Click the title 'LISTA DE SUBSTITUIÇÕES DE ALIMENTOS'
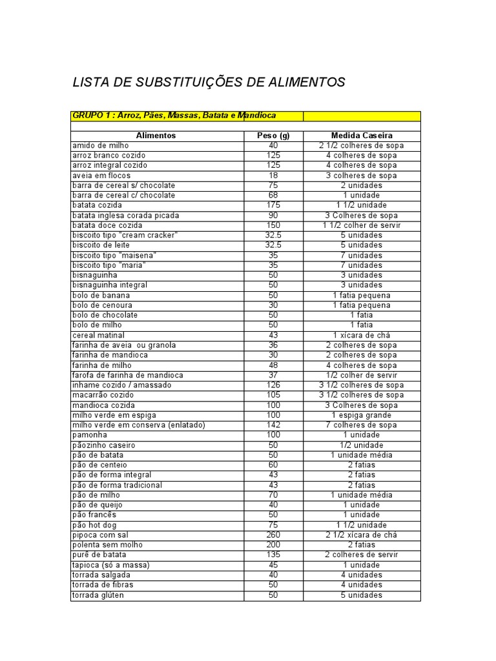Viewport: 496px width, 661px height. [x=209, y=83]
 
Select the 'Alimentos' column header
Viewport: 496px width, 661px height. [x=156, y=136]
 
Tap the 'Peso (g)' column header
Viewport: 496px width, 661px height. [x=273, y=136]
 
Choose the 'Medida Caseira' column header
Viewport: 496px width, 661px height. [x=362, y=136]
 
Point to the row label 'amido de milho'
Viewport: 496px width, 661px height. [x=100, y=146]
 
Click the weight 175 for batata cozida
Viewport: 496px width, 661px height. [x=273, y=205]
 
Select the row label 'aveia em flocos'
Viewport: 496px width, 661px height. [x=101, y=176]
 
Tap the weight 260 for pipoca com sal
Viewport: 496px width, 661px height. [x=273, y=535]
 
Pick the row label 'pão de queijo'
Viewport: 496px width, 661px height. [x=98, y=505]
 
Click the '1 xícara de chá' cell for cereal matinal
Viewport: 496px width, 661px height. [x=362, y=336]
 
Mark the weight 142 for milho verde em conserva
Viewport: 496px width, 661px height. [x=273, y=425]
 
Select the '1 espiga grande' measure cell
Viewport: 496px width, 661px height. [x=362, y=415]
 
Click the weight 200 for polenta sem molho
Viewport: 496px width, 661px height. [x=273, y=545]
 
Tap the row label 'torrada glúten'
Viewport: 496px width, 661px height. [x=98, y=595]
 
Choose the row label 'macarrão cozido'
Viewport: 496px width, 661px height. [x=103, y=395]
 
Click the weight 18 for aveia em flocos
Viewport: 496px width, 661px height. [x=273, y=176]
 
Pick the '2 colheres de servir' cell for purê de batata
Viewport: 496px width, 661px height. [x=362, y=555]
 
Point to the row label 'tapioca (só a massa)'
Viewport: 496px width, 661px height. [x=110, y=565]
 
